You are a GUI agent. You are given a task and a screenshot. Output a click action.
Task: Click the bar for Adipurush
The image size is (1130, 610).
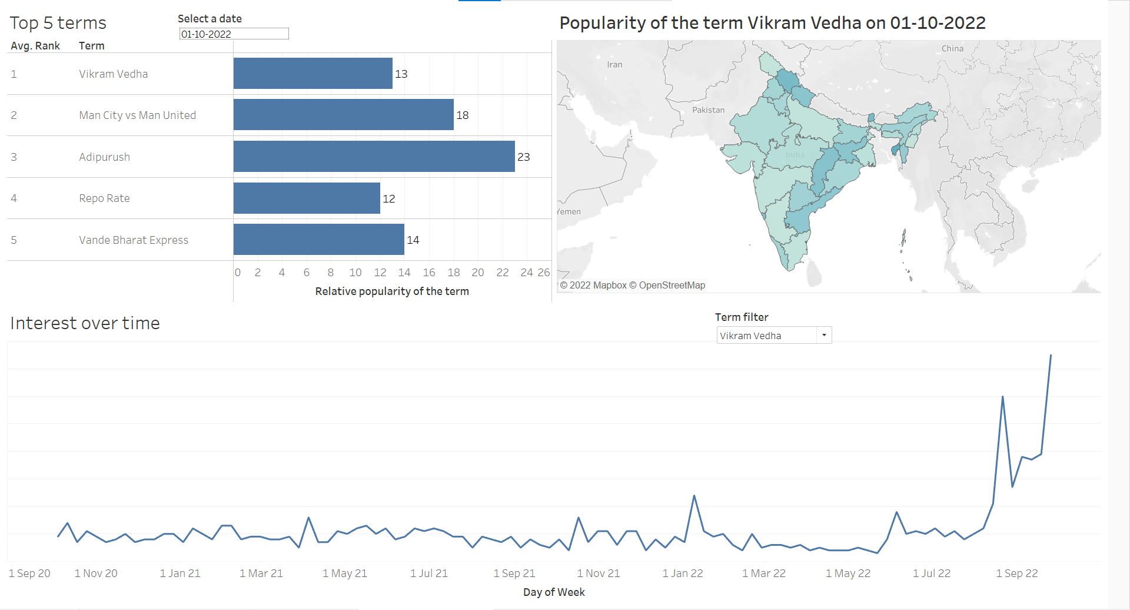tap(374, 157)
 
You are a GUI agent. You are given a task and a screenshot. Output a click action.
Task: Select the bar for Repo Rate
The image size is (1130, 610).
tap(307, 198)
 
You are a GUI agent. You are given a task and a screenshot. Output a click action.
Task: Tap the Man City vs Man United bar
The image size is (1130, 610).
tap(343, 115)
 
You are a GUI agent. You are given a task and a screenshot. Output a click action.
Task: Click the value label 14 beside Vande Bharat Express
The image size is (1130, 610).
tap(413, 240)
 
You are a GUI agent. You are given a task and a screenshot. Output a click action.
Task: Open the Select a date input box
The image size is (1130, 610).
tap(234, 34)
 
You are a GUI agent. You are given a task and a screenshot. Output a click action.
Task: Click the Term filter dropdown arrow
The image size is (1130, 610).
tap(824, 335)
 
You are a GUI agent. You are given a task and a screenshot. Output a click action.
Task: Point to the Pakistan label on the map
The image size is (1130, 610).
tap(708, 110)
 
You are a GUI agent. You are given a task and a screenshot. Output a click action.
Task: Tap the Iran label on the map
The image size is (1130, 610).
tap(614, 65)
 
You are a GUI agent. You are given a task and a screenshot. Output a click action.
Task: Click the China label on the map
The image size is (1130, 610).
tap(952, 49)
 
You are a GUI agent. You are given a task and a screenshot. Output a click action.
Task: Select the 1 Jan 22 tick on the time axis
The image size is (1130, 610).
tap(683, 573)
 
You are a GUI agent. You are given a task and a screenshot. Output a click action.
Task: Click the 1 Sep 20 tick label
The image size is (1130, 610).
tap(29, 573)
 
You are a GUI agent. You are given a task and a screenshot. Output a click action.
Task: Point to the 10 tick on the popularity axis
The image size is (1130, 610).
tap(355, 273)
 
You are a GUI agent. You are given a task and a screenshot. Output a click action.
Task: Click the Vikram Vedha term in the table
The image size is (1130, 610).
tap(114, 74)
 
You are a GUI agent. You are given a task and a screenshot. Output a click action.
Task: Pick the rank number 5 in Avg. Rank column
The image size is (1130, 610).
tap(14, 240)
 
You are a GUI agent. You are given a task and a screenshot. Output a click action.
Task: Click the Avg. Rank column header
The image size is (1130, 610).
tap(35, 46)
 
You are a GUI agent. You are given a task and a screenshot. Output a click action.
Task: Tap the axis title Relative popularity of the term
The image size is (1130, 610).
tap(392, 291)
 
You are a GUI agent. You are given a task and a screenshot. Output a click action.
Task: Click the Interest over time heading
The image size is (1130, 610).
tap(85, 323)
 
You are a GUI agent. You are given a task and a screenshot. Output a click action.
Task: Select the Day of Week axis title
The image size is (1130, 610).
tap(554, 592)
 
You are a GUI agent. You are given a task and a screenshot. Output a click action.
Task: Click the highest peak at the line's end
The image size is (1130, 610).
tap(1051, 356)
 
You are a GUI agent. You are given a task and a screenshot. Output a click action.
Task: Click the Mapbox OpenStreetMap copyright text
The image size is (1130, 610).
tap(633, 286)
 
